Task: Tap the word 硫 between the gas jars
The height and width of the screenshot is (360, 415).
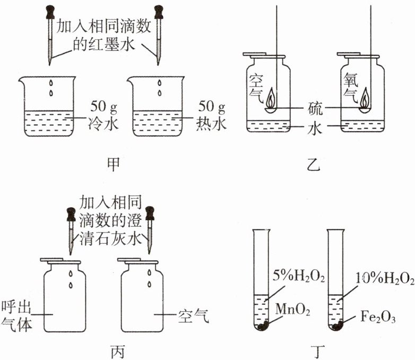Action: point(315,108)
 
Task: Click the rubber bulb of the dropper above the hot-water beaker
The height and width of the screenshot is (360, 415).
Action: point(158,11)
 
